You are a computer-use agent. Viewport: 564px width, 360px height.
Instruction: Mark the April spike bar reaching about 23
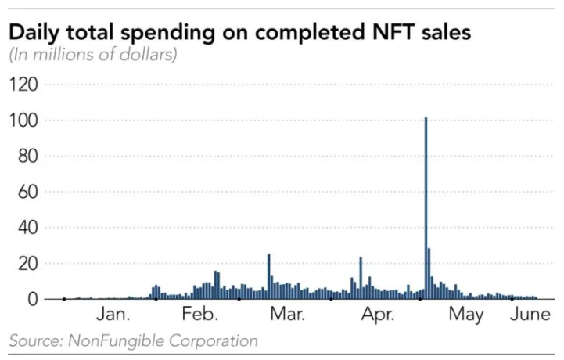click(361, 278)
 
